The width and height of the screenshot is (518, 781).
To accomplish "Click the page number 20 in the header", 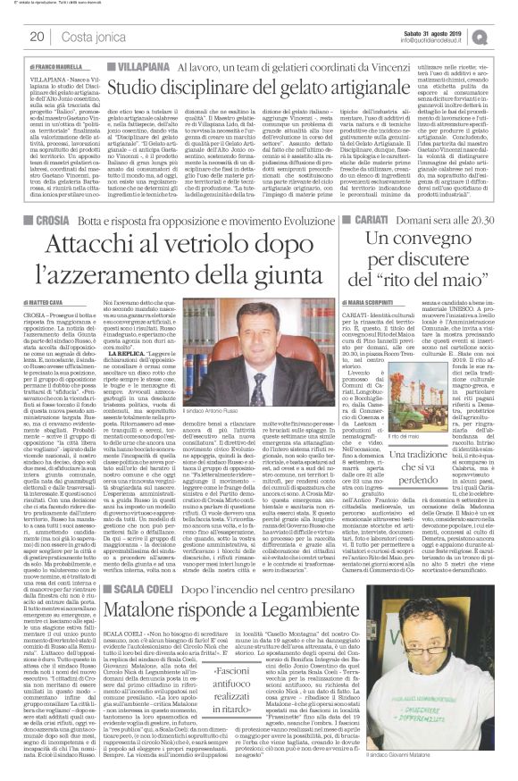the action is (38, 37).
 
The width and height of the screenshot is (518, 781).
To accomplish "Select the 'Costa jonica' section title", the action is (89, 37).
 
